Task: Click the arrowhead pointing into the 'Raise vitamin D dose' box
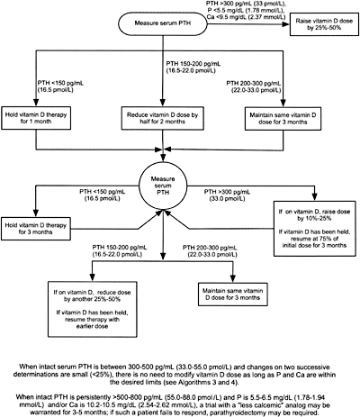tap(285, 24)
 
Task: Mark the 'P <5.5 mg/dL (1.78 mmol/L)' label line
tap(246, 10)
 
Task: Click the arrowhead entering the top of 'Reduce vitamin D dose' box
tap(163, 103)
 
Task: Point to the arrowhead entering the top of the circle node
tap(163, 159)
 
